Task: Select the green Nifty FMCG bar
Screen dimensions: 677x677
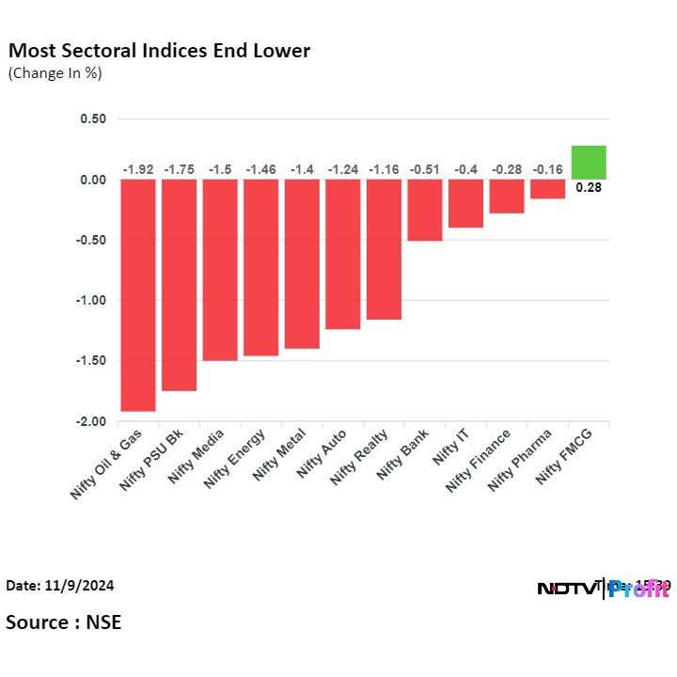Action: click(589, 163)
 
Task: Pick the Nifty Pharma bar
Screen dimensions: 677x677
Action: click(547, 189)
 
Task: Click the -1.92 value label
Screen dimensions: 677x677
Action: click(138, 169)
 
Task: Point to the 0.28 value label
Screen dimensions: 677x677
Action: click(589, 187)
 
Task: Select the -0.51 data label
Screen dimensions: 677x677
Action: click(425, 169)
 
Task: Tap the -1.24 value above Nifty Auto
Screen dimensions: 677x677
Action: click(343, 169)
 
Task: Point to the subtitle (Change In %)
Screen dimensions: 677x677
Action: click(55, 73)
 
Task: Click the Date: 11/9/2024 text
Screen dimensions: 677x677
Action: click(60, 585)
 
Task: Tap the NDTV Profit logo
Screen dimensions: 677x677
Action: click(603, 589)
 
